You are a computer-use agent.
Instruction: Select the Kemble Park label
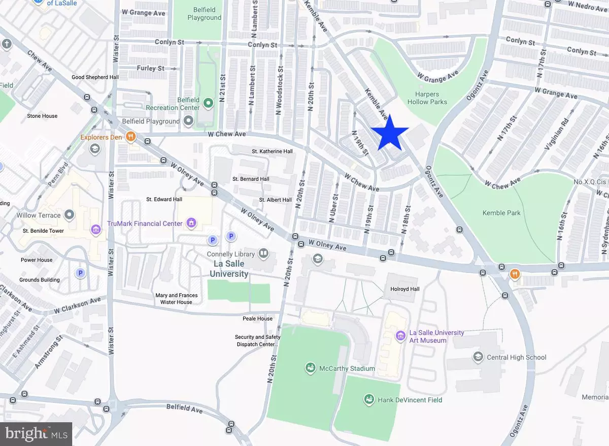pyautogui.click(x=501, y=213)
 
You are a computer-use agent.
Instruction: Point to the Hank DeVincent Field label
pyautogui.click(x=410, y=400)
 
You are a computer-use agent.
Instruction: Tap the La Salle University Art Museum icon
pyautogui.click(x=400, y=336)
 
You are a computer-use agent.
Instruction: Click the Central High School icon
pyautogui.click(x=478, y=357)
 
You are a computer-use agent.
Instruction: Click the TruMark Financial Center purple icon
pyautogui.click(x=191, y=223)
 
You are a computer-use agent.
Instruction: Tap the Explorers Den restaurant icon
pyautogui.click(x=130, y=137)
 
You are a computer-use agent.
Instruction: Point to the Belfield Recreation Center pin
pyautogui.click(x=208, y=103)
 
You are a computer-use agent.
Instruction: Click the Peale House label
pyautogui.click(x=257, y=318)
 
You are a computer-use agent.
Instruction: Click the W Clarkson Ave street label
pyautogui.click(x=77, y=306)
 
